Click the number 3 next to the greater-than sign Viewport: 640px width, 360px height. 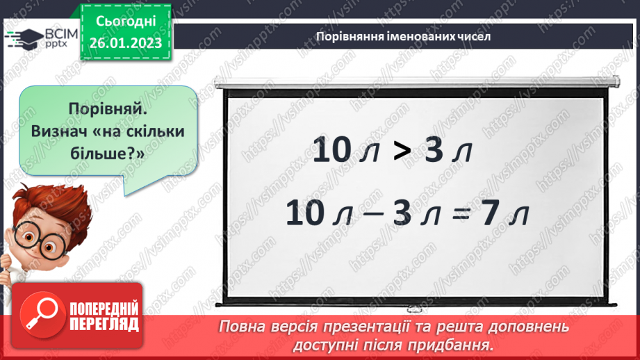pyautogui.click(x=433, y=151)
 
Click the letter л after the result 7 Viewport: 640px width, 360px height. pyautogui.click(x=518, y=216)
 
